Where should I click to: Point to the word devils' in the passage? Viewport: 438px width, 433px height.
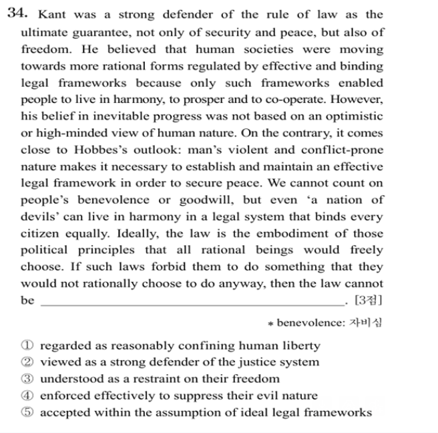click(41, 216)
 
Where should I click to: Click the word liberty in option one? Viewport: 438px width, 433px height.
click(300, 346)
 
